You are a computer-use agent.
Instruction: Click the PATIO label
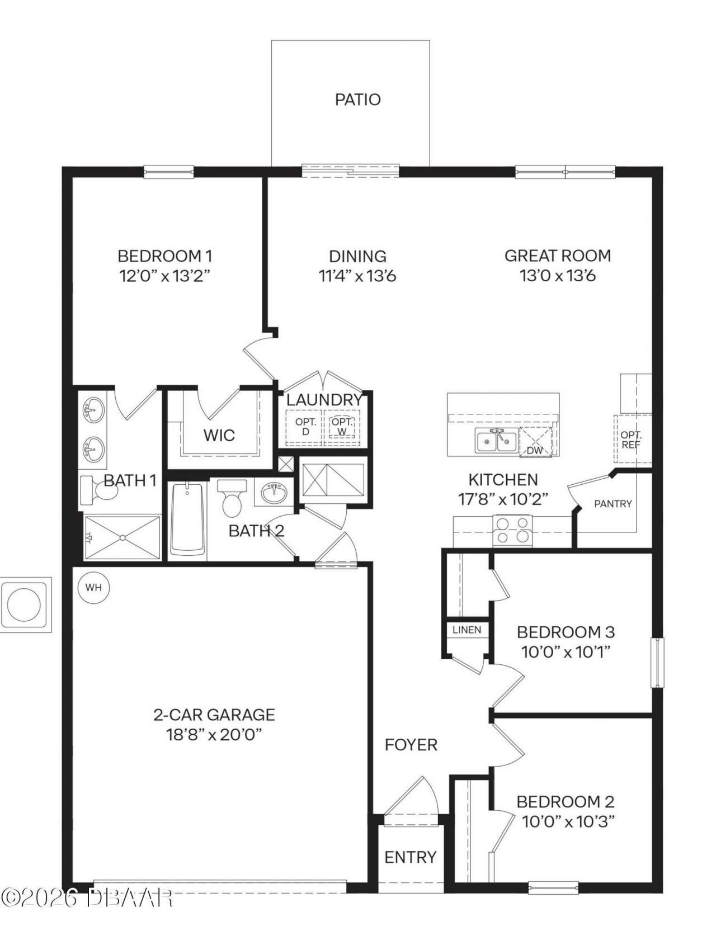point(357,100)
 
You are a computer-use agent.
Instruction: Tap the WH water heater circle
point(93,588)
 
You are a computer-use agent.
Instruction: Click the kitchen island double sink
point(496,441)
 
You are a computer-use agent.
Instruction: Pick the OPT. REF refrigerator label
point(631,440)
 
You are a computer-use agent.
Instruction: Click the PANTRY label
point(613,504)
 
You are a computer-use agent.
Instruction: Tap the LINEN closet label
point(467,630)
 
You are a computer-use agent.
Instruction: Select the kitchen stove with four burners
point(513,530)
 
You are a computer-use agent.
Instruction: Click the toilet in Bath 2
point(231,497)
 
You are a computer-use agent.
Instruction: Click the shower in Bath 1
point(122,537)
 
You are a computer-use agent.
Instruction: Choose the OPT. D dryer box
point(305,427)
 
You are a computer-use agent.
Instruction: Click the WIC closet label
point(219,435)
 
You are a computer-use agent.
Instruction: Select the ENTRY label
point(410,857)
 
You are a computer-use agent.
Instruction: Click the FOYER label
point(411,745)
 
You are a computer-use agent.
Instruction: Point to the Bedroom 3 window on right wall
point(658,663)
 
